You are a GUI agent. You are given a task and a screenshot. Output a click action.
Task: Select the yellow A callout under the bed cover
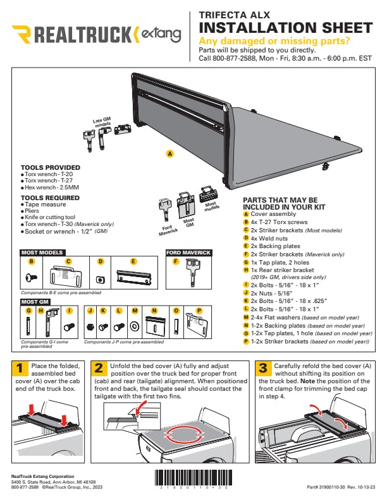pos(169,153)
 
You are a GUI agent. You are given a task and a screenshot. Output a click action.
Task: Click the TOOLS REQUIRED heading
pos(47,198)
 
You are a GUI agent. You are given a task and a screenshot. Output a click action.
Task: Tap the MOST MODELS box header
pos(42,253)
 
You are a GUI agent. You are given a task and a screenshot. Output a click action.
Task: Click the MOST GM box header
pos(35,302)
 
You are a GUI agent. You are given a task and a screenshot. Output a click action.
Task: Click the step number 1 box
pos(20,369)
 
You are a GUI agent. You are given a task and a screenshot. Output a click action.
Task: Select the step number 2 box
pos(99,369)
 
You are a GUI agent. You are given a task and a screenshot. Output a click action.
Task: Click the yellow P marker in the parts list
pos(246,341)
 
